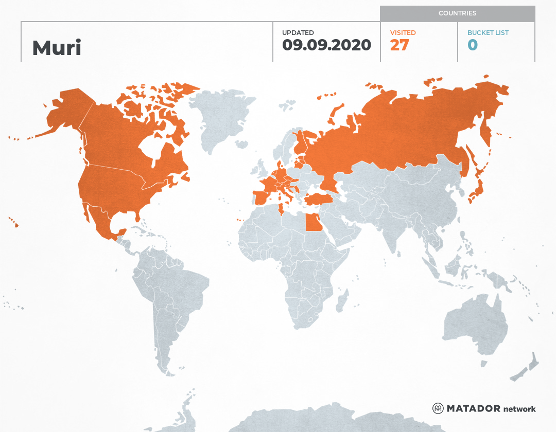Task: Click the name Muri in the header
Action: click(57, 48)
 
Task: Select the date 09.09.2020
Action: click(326, 45)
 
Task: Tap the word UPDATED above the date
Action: click(298, 33)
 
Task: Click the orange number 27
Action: click(399, 45)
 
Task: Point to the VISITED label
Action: click(403, 33)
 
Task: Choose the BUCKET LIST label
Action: click(488, 33)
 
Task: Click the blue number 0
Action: click(473, 45)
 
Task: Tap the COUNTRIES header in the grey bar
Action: click(457, 13)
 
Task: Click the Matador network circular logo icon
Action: click(438, 408)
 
